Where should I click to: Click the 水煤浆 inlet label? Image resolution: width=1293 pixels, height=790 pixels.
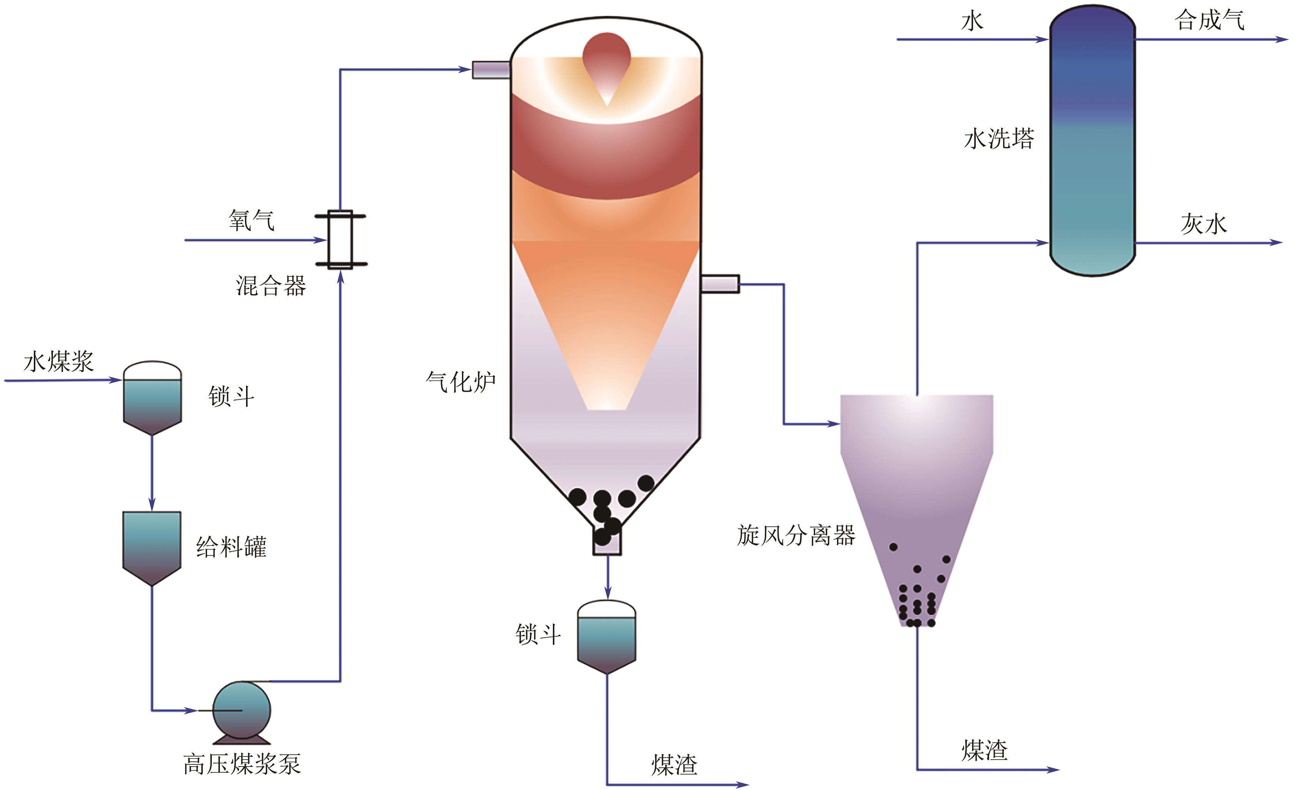59,362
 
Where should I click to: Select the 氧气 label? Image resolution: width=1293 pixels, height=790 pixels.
251,220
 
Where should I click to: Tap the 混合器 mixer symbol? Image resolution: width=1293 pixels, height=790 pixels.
340,240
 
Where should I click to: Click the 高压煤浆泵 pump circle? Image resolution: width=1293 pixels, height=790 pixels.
241,710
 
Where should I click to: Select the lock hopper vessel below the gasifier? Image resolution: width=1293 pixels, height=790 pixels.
607,637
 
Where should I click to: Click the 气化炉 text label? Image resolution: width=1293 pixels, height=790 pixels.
461,381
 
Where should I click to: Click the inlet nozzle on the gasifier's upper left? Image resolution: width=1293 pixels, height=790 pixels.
491,70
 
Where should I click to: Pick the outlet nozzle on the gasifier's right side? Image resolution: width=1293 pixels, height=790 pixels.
721,284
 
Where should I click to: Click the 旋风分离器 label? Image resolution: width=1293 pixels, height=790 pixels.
796,536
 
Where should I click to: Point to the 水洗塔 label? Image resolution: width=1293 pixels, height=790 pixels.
998,140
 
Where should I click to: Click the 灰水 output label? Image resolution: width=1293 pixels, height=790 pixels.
1204,224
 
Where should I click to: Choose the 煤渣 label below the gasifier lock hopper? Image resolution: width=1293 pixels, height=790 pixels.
674,765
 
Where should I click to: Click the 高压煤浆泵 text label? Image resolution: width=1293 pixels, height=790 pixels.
242,764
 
